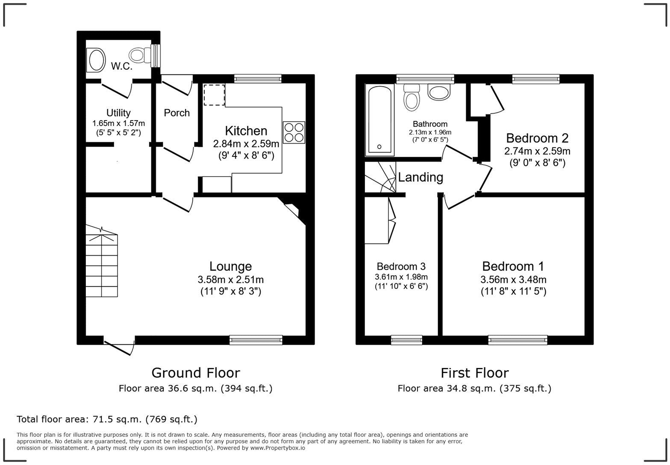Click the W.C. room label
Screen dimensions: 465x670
(122, 66)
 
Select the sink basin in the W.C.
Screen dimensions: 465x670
(96, 60)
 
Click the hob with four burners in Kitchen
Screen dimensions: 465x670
(294, 132)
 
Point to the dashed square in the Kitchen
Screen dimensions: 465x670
(214, 95)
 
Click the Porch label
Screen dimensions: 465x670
(176, 113)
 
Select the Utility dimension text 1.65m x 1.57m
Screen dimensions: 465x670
(118, 124)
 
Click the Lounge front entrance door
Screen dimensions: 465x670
(119, 345)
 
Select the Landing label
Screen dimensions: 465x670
(420, 177)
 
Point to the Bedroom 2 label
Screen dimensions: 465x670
(537, 138)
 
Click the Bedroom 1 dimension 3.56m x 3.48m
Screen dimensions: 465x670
(513, 280)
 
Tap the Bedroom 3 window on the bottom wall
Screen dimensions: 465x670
(406, 340)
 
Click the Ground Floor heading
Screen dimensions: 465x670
(196, 373)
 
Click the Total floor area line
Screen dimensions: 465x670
(107, 419)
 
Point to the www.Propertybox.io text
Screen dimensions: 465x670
(278, 448)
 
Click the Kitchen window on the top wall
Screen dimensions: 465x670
(258, 79)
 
